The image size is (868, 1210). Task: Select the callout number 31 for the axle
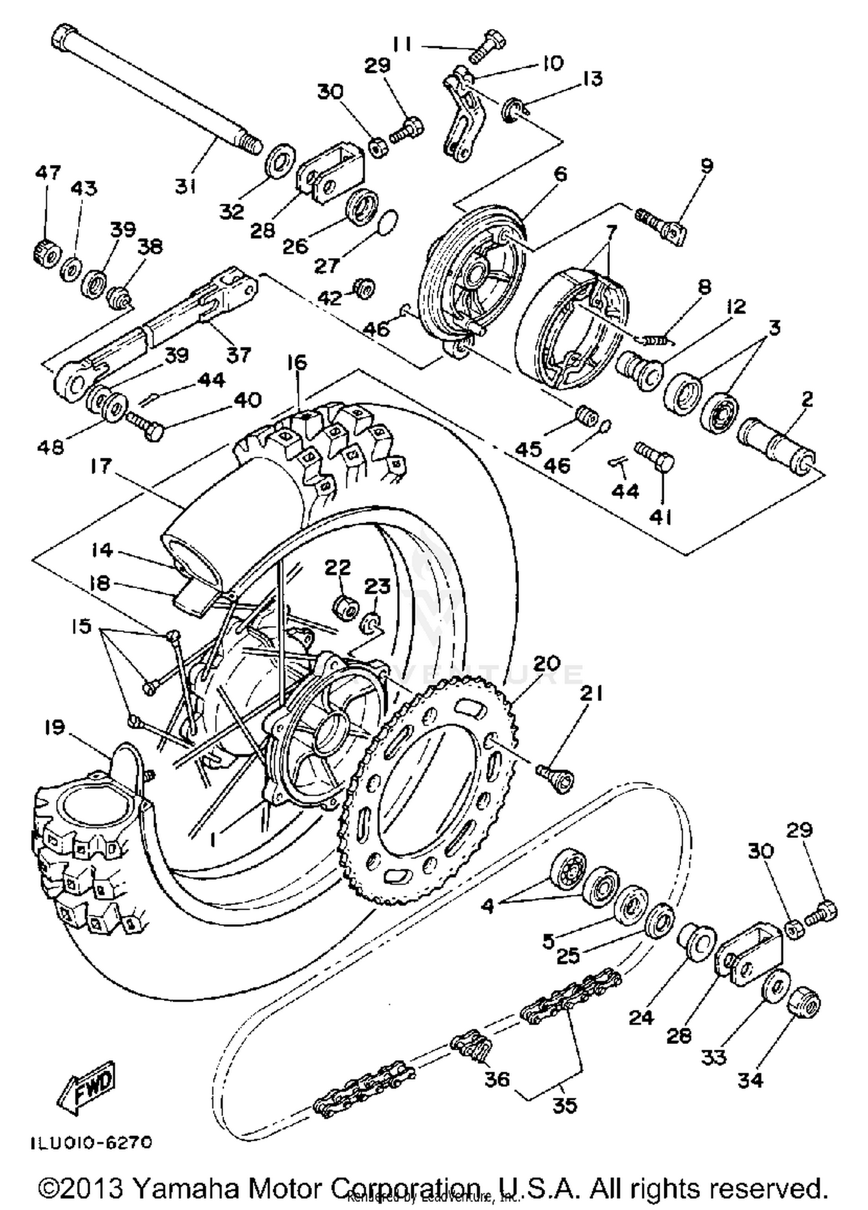[x=185, y=186]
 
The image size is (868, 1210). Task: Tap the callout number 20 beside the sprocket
[x=546, y=663]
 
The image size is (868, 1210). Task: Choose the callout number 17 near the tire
[x=101, y=466]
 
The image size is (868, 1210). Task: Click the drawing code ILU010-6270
[x=91, y=1143]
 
